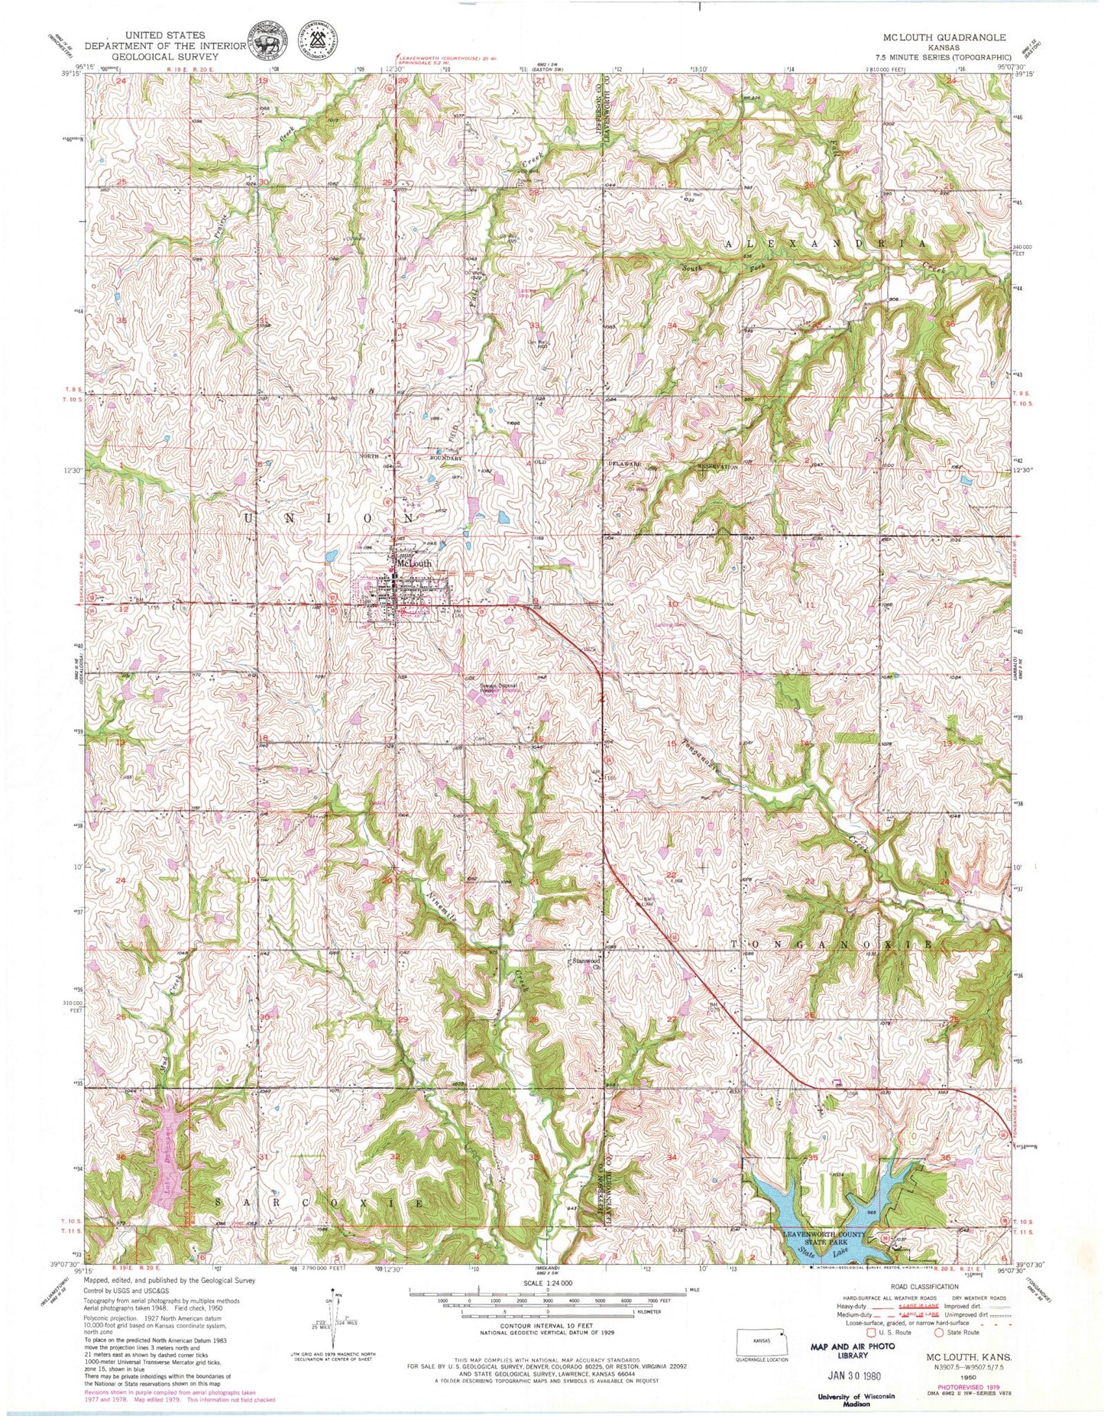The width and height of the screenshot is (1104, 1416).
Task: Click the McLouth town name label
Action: (413, 563)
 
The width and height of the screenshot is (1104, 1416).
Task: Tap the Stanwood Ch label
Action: (584, 963)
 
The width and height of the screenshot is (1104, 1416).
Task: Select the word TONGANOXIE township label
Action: (832, 945)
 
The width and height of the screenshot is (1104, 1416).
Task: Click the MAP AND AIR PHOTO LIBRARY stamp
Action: (847, 1350)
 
